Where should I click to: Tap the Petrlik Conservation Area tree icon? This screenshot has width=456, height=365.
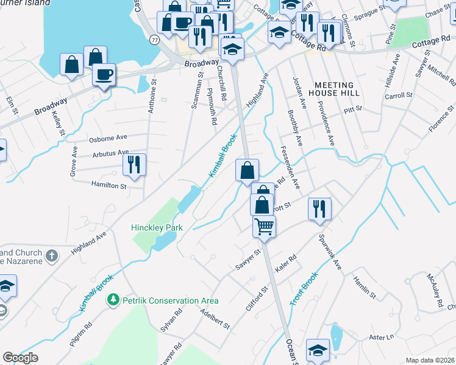(112, 300)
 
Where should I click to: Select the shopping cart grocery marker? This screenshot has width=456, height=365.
(265, 226)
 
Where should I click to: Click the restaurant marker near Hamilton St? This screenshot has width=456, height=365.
(134, 164)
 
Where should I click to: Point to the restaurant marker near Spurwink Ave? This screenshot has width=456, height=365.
(319, 209)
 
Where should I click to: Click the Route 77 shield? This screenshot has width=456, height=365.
(155, 40)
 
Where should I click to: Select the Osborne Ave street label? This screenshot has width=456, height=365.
(108, 138)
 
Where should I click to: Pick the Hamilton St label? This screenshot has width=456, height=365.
(109, 184)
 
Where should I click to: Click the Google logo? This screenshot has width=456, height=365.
(20, 358)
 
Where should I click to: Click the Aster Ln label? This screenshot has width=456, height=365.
(382, 336)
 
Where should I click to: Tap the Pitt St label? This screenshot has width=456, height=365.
(353, 109)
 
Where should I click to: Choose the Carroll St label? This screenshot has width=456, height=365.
(399, 96)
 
